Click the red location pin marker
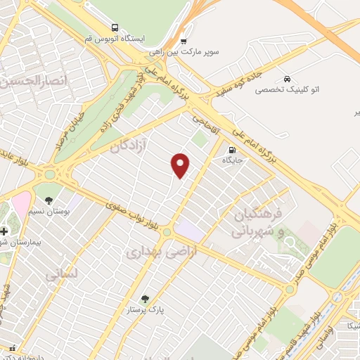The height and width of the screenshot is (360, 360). click(x=181, y=165)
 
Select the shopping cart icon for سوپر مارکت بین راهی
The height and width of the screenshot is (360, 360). click(x=184, y=41)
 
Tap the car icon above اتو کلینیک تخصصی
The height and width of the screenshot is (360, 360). click(x=287, y=79)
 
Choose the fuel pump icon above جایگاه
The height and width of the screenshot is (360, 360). click(x=231, y=149)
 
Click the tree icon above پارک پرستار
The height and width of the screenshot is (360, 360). click(x=145, y=298)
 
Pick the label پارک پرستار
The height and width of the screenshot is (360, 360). click(x=145, y=309)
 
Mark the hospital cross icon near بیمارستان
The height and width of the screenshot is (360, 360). click(x=4, y=231)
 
